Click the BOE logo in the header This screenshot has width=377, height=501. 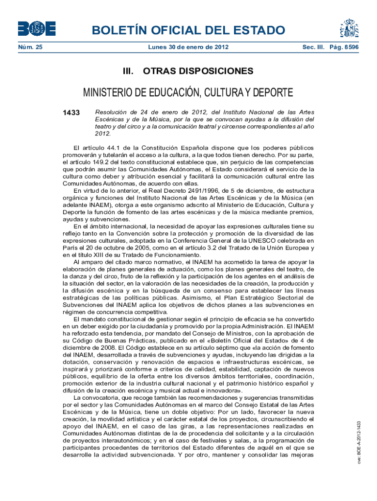coord(37,28)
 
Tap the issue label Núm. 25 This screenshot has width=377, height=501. coord(30,47)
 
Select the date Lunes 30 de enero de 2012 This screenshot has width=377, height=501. coord(188,47)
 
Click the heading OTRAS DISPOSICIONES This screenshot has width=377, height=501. coord(198,71)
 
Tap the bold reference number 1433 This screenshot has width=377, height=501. coord(71,113)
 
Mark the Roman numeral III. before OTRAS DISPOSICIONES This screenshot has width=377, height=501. coord(129,71)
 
